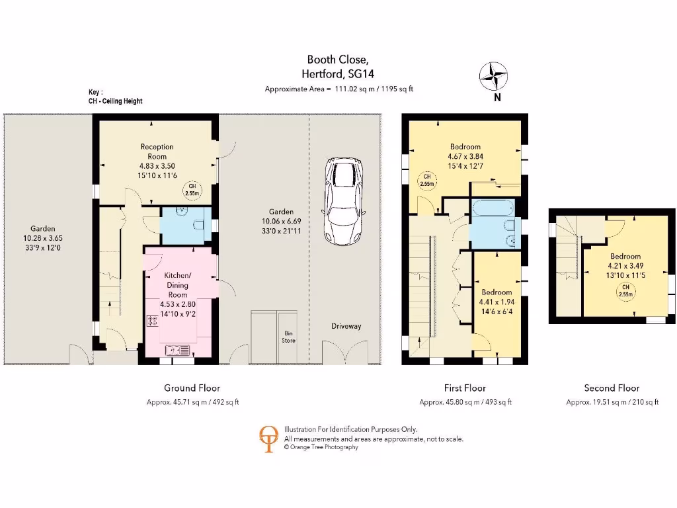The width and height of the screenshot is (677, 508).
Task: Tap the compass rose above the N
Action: coord(493,75)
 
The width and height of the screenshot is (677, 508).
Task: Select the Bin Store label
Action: coord(289,337)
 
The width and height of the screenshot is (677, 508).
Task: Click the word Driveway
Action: coord(346,326)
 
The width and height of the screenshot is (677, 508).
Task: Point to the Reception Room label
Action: coord(157,151)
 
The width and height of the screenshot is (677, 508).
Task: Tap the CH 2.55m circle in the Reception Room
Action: coord(192,190)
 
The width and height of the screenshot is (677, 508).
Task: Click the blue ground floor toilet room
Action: coord(186,226)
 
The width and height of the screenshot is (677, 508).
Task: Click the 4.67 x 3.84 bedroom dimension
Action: coord(465,157)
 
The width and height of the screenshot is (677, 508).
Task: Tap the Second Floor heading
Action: coord(612,388)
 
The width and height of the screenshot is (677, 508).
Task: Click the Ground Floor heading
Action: coord(192,388)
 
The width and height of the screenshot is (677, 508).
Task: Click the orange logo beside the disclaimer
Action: coord(268,438)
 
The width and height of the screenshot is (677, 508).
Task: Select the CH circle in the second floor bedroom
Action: coord(625,290)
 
